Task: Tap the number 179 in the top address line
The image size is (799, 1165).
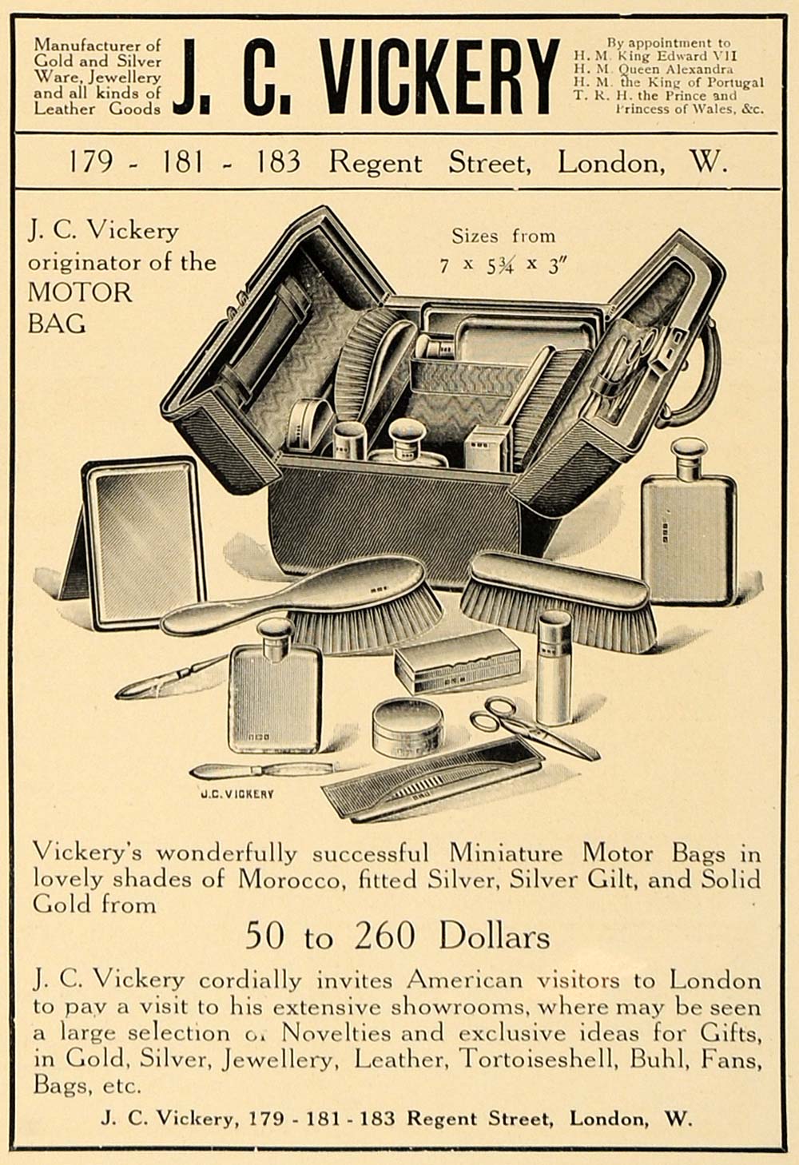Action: pos(89,163)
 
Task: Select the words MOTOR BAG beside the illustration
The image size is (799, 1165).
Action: pos(80,307)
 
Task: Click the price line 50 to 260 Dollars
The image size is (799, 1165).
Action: pos(398,936)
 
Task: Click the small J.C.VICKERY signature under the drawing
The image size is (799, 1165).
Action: pos(237,794)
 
